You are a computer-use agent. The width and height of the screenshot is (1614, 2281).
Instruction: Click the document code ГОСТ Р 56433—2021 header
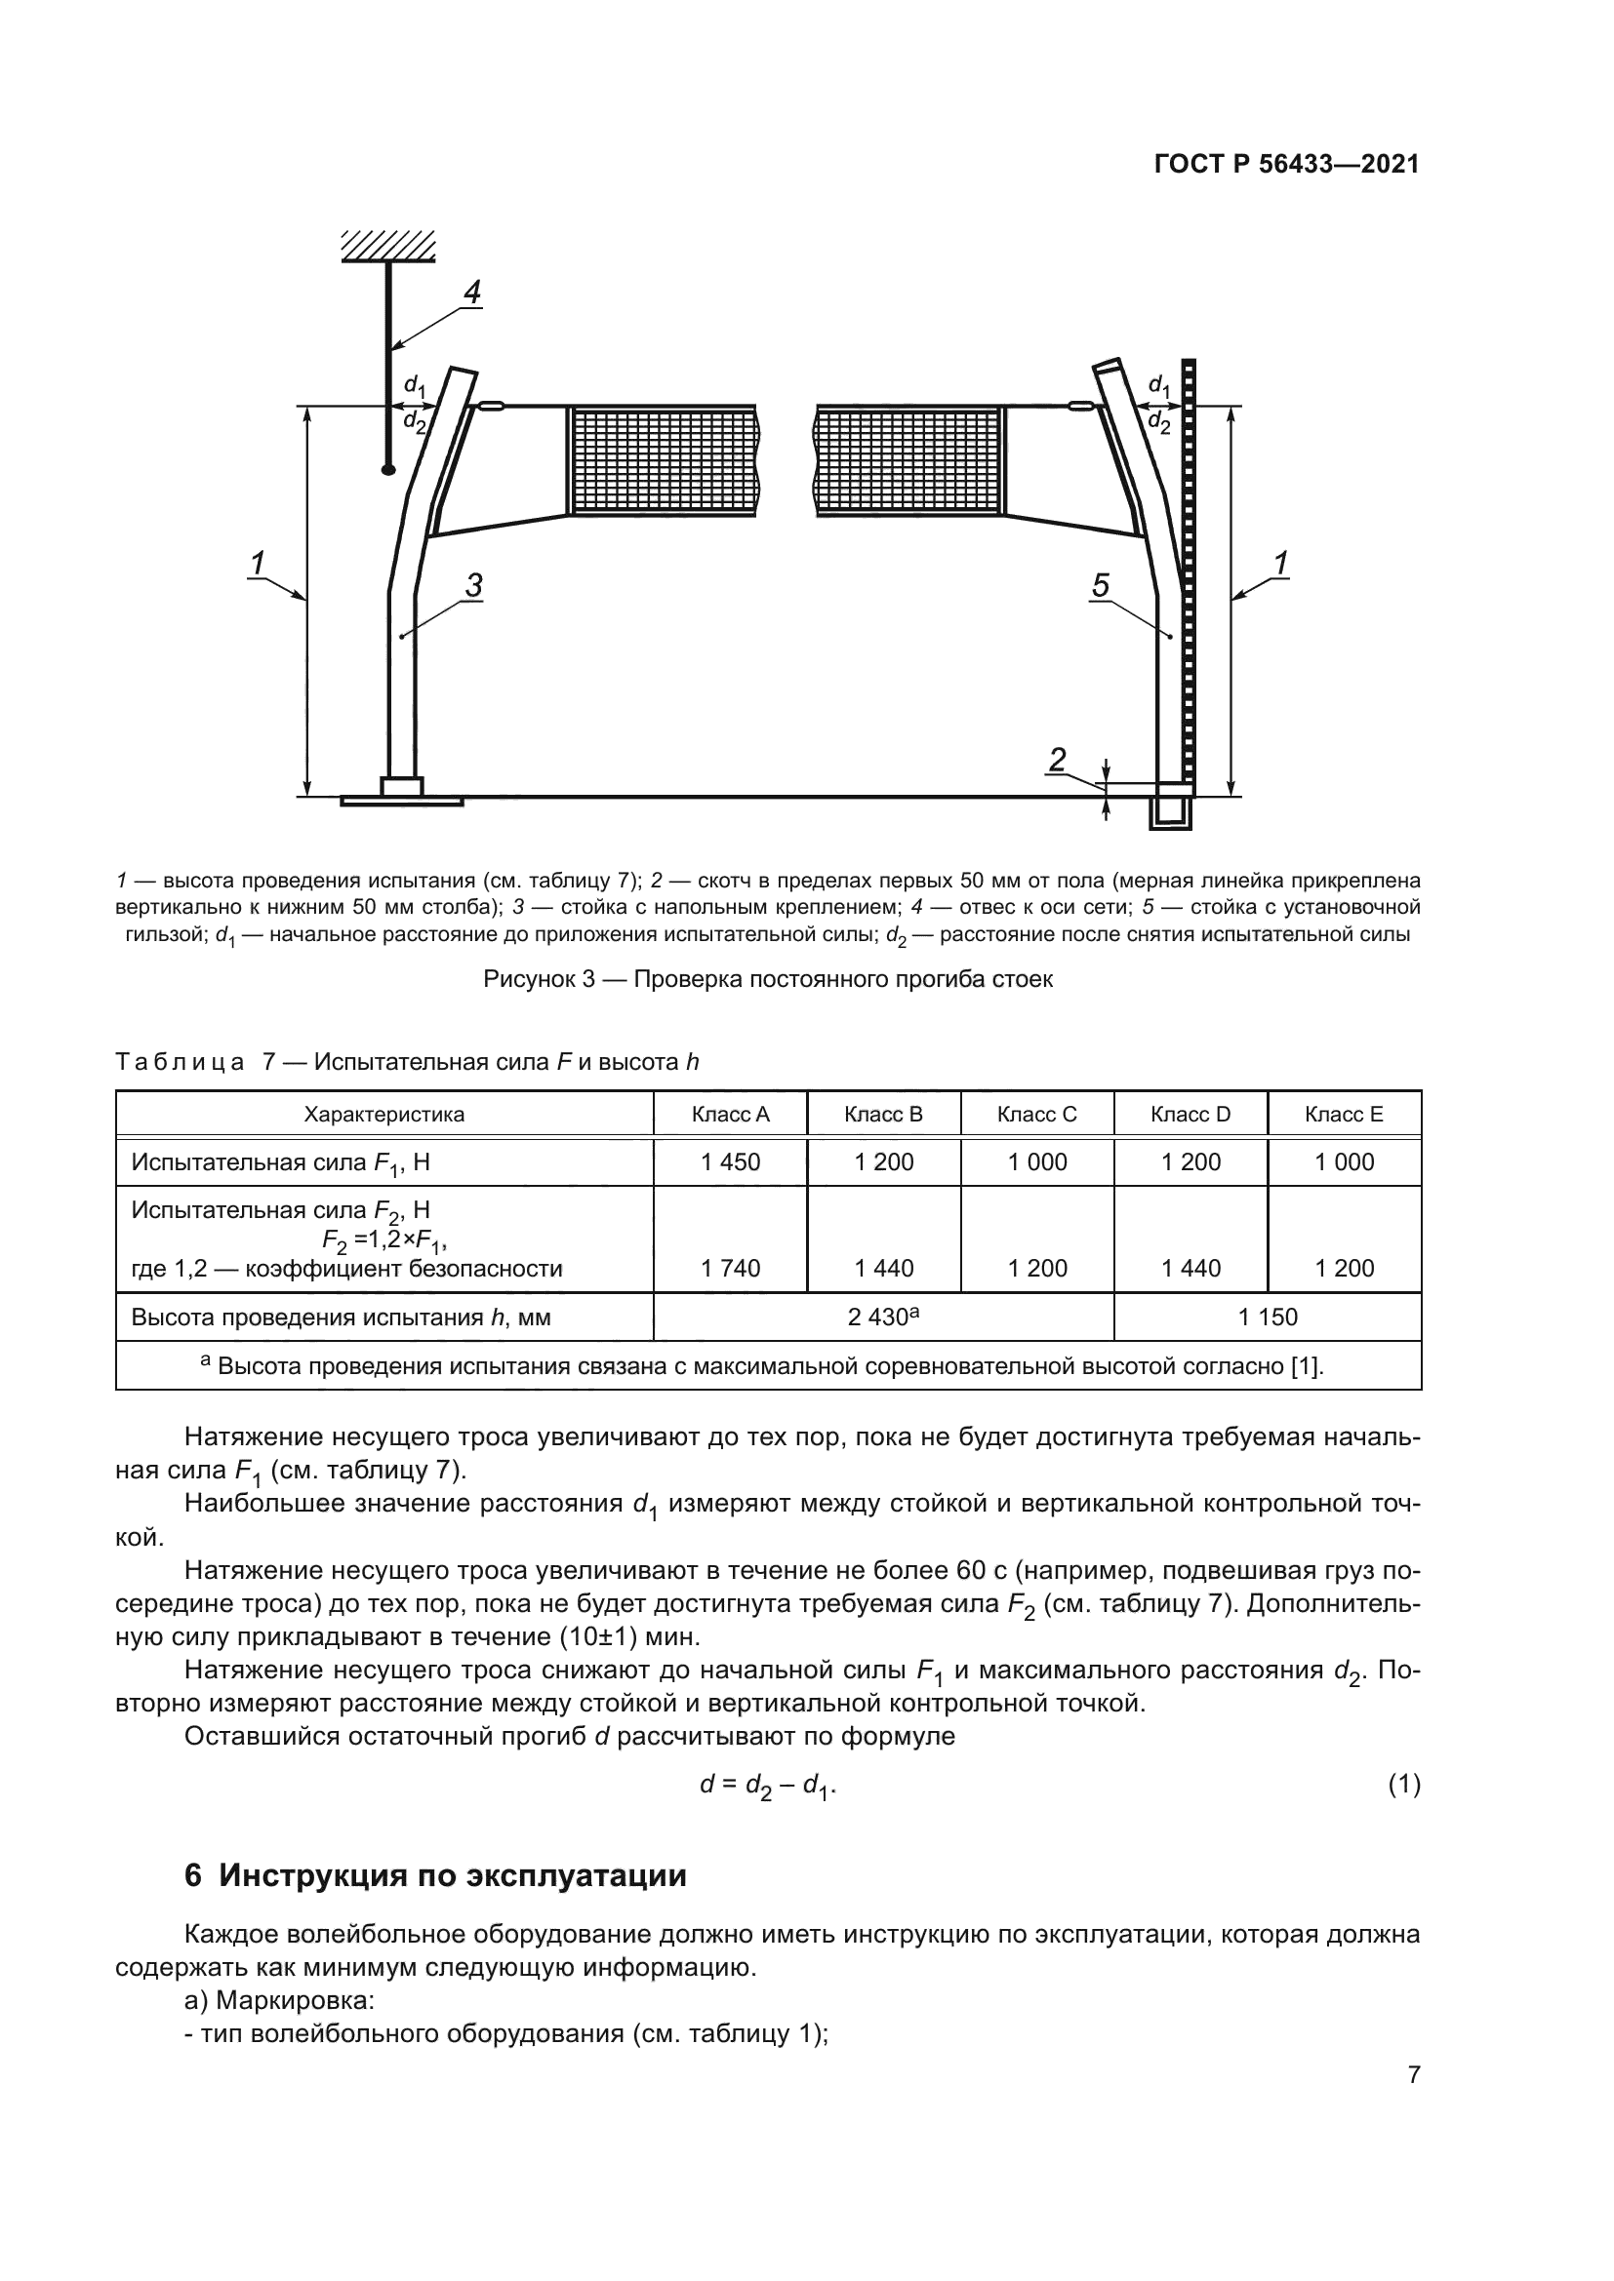click(x=1286, y=165)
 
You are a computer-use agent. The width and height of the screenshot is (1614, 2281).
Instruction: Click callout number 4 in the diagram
click(x=471, y=293)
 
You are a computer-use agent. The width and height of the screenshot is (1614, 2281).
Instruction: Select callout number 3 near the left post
click(x=474, y=586)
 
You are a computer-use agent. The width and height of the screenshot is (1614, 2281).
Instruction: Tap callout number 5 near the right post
click(x=1100, y=586)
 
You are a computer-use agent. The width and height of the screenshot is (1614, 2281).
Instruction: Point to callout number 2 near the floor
click(x=1058, y=760)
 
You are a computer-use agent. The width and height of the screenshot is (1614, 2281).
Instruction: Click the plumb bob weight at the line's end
click(x=388, y=469)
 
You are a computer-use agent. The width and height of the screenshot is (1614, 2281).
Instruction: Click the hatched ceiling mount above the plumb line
click(x=388, y=246)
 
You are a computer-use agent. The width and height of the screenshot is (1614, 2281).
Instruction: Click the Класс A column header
click(x=731, y=1114)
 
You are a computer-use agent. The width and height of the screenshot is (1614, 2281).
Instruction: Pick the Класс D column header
click(x=1190, y=1114)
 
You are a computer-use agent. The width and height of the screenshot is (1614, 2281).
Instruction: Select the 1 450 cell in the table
click(x=731, y=1161)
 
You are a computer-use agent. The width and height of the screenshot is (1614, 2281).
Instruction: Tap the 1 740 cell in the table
click(x=731, y=1268)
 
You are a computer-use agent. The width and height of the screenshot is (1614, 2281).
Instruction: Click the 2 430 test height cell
click(x=882, y=1317)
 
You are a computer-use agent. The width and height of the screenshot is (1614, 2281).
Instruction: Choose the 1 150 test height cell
click(x=1268, y=1317)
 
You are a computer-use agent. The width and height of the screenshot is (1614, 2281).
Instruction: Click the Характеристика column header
click(x=383, y=1114)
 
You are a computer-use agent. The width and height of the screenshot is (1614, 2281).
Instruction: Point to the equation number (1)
click(x=1403, y=1786)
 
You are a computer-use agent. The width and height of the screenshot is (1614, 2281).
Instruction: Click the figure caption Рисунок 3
click(x=767, y=978)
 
